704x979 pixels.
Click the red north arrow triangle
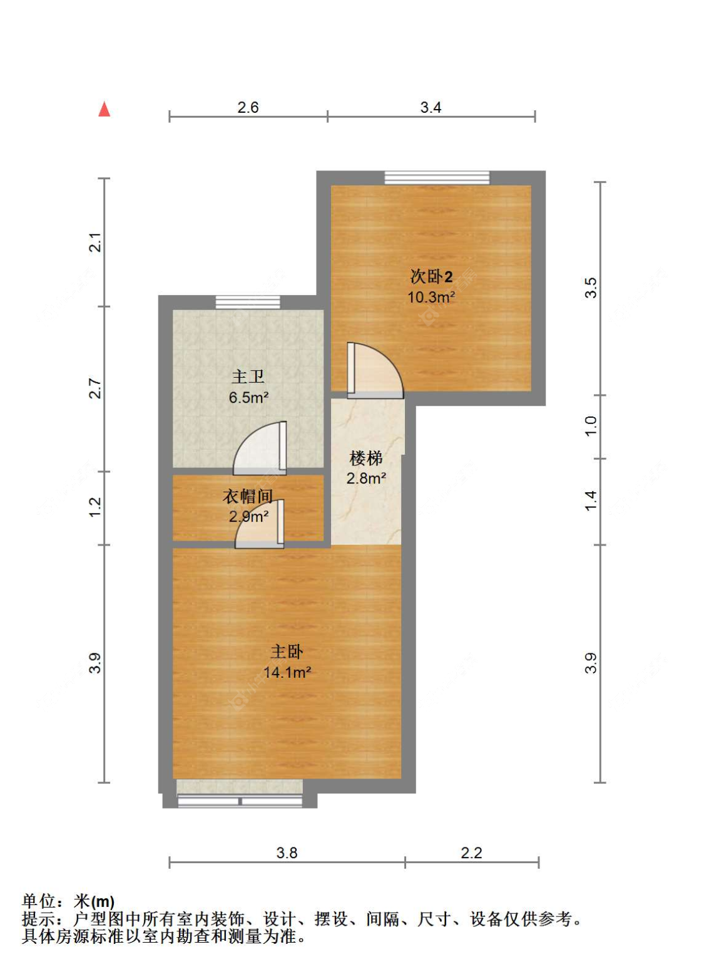[x=104, y=109]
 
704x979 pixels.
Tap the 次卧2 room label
[x=431, y=276]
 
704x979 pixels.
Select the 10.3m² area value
[x=431, y=297]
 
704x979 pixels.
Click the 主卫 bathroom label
[x=248, y=376]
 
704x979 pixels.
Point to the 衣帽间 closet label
[x=248, y=496]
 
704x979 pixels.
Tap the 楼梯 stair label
[x=366, y=458]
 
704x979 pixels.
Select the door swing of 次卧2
[x=375, y=371]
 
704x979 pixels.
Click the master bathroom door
[x=260, y=448]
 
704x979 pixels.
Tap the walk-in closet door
[x=260, y=524]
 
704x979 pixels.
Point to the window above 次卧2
[x=437, y=178]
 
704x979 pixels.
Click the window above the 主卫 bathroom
[x=248, y=303]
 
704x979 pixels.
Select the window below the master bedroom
[x=240, y=800]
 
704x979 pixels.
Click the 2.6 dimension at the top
[x=248, y=108]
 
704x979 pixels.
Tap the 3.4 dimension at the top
[x=431, y=108]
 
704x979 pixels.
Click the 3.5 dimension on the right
[x=591, y=288]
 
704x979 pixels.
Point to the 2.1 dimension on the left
[x=94, y=242]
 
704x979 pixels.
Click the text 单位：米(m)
[x=68, y=901]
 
